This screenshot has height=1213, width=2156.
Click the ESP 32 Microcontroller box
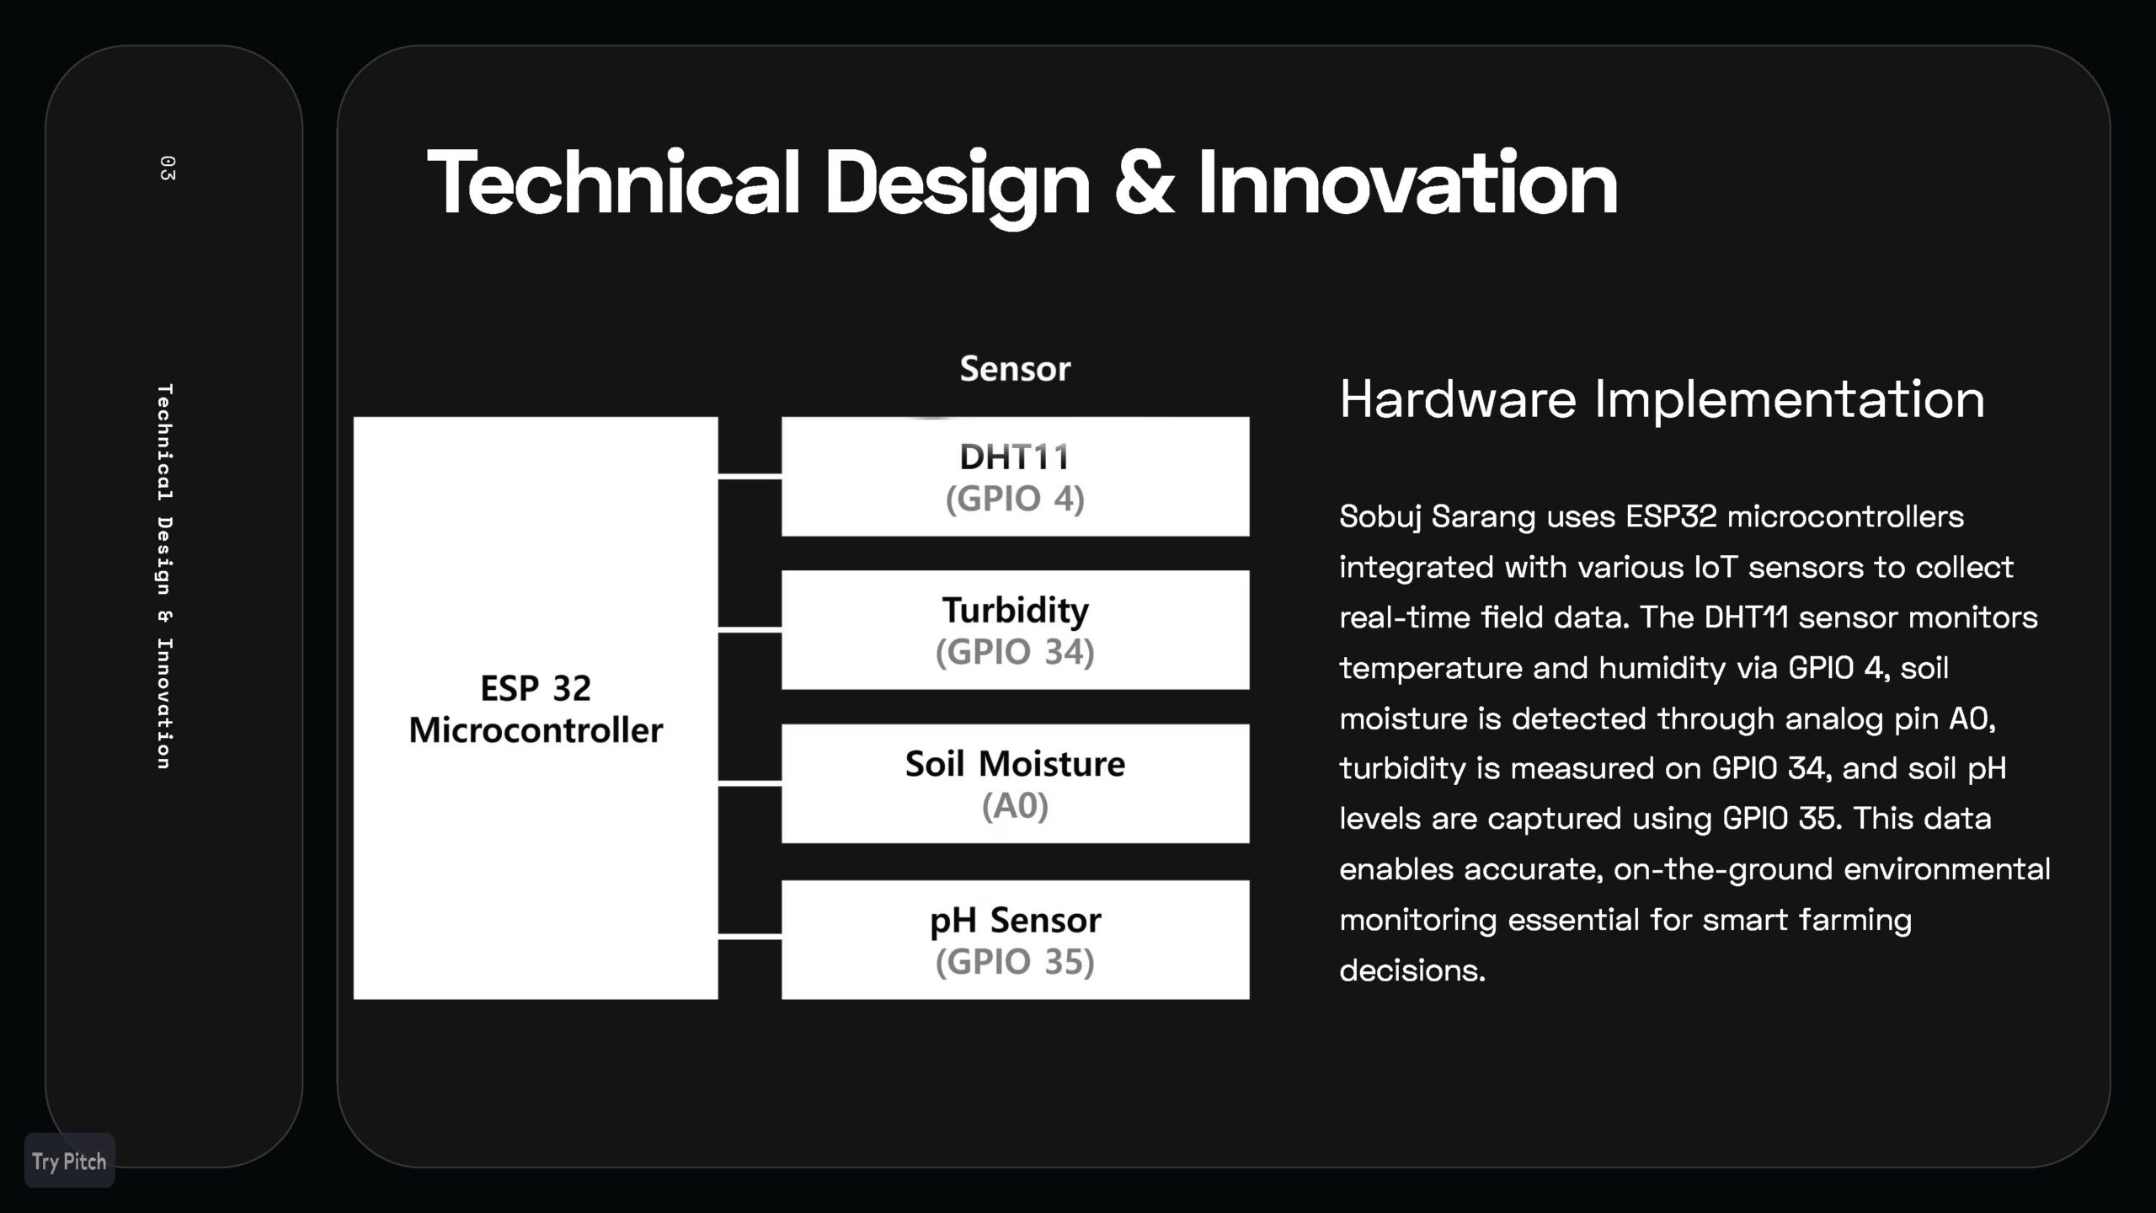point(536,708)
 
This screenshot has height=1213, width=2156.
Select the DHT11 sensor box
point(1015,476)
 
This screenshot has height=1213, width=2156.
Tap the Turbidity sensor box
point(1015,629)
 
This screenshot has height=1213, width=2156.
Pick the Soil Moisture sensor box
point(1015,783)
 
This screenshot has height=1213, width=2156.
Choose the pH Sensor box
point(1015,939)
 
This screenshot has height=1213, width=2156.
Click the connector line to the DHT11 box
point(750,476)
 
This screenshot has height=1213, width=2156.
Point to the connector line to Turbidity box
point(750,628)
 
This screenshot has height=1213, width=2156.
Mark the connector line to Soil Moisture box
point(750,783)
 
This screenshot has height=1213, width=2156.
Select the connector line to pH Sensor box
point(750,936)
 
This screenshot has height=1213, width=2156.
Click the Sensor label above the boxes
point(1015,369)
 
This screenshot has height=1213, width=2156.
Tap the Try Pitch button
point(69,1161)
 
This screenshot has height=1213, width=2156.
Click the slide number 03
point(167,168)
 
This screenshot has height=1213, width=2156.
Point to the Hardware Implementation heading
point(1662,398)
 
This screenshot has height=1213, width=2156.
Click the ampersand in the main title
point(1144,183)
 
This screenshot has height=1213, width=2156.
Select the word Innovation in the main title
point(1407,183)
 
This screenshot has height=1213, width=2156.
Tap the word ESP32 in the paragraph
point(1671,516)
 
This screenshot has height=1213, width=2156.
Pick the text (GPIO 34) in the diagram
point(1015,652)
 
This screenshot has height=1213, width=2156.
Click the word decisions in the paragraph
point(1412,970)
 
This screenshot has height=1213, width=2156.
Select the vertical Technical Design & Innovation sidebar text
point(165,577)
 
